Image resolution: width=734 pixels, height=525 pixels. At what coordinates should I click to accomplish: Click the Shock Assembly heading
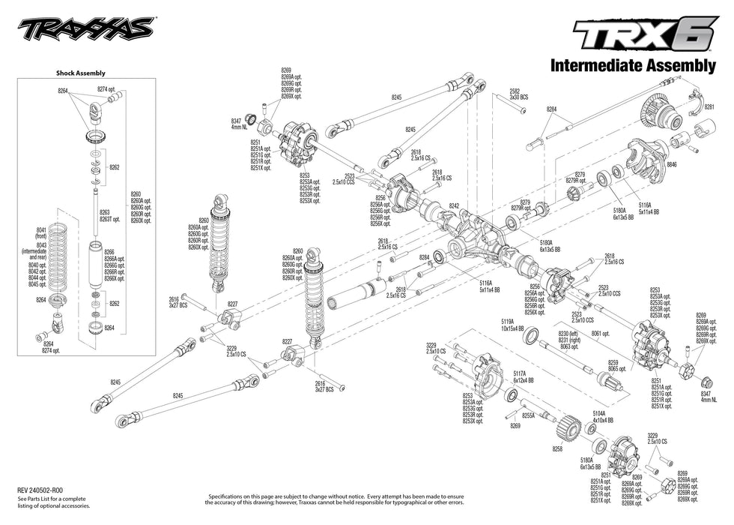[x=81, y=73]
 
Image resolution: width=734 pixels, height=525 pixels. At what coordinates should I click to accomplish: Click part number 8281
[x=709, y=107]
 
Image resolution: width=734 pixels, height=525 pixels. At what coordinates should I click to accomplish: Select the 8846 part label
[x=671, y=163]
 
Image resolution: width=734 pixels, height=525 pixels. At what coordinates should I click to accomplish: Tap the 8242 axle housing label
[x=454, y=205]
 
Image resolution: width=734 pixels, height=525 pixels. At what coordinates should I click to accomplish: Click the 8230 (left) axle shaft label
[x=568, y=335]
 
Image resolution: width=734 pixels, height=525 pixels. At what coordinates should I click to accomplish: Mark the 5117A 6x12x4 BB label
[x=524, y=377]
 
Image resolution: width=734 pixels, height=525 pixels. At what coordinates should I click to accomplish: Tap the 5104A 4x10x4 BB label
[x=603, y=417]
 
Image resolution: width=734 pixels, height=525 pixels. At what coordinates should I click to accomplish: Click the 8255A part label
[x=528, y=415]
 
